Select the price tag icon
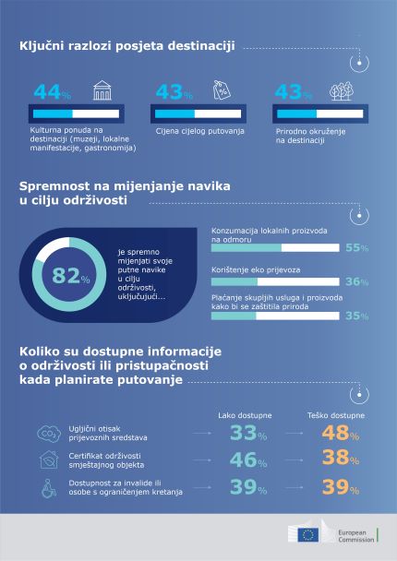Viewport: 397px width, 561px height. click(221, 90)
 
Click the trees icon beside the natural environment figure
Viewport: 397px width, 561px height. click(342, 91)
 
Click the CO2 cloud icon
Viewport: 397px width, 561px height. click(44, 434)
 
